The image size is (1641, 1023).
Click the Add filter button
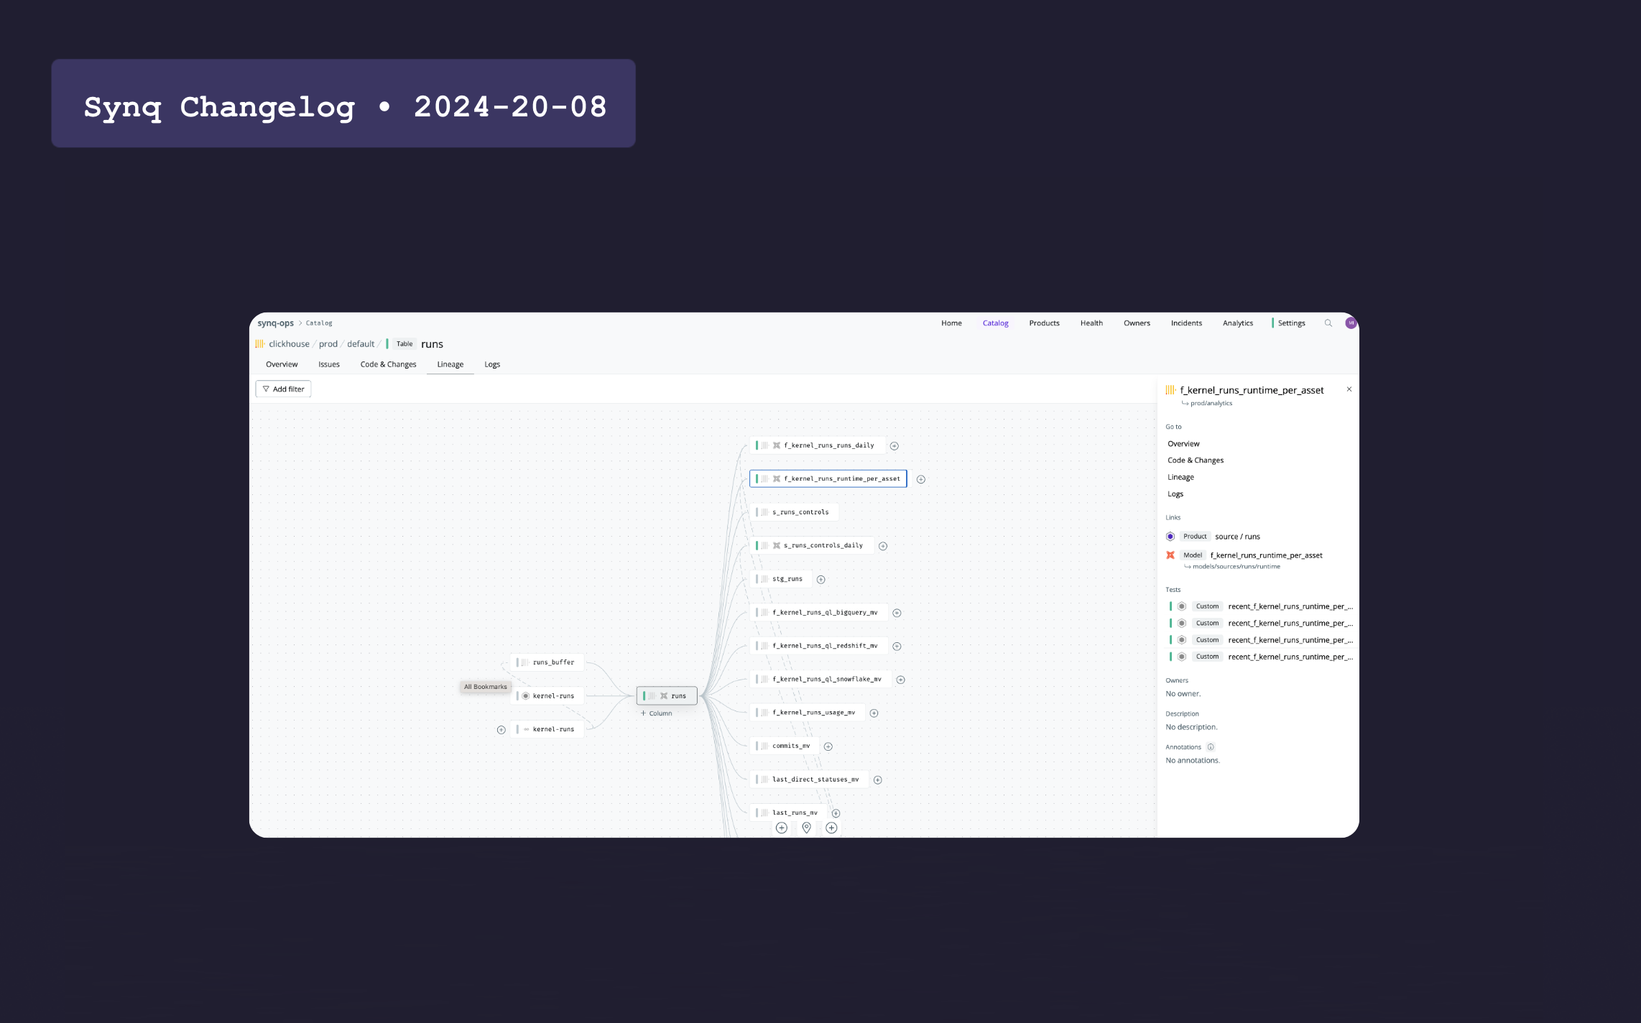(283, 389)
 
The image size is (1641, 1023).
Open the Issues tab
(329, 364)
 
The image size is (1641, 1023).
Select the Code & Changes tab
(388, 364)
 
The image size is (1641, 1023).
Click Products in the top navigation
(1044, 323)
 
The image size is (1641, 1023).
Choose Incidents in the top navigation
(1186, 323)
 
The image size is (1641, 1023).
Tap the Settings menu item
(1291, 323)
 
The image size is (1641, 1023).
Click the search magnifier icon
(1328, 323)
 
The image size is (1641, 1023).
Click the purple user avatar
(1351, 323)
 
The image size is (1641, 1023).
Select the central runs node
(667, 695)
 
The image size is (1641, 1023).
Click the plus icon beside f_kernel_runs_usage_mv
(874, 713)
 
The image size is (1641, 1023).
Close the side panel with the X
(1349, 389)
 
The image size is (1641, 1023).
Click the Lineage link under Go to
(1180, 477)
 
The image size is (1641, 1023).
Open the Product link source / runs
(1237, 537)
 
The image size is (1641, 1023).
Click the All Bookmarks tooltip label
(485, 687)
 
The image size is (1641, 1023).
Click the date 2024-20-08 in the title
(510, 107)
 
